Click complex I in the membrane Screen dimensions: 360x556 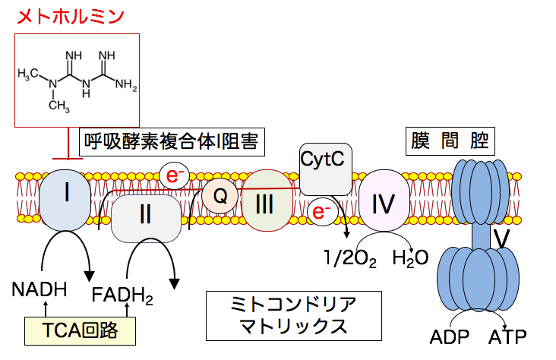[68, 200]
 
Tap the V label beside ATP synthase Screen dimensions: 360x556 [500, 238]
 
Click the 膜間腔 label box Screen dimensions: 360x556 [447, 141]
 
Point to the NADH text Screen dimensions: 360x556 [39, 289]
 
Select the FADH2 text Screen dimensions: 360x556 [122, 294]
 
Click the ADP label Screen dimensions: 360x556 [448, 336]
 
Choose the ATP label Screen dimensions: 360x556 [507, 336]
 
